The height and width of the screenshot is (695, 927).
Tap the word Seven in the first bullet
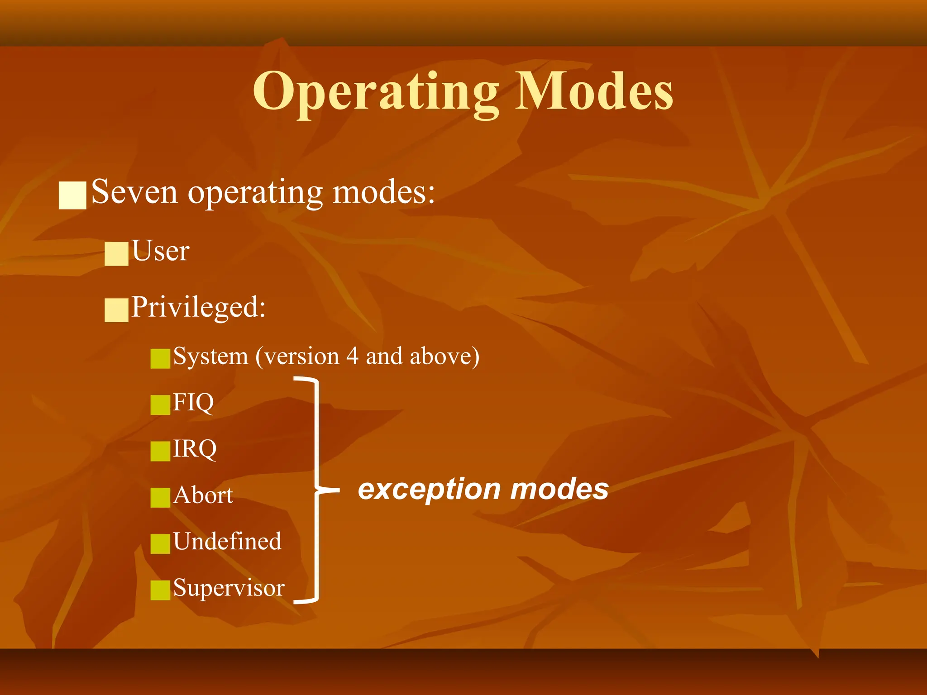pyautogui.click(x=134, y=192)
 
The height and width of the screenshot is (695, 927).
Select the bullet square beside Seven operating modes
pyautogui.click(x=72, y=195)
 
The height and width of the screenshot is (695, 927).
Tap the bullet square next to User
pyautogui.click(x=116, y=253)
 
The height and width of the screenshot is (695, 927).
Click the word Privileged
pyautogui.click(x=198, y=308)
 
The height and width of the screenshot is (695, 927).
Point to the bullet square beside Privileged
pyautogui.click(x=116, y=310)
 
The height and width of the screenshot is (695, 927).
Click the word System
pyautogui.click(x=210, y=356)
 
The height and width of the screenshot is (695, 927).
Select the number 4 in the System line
pyautogui.click(x=353, y=356)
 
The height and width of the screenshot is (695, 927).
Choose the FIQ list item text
pyautogui.click(x=193, y=402)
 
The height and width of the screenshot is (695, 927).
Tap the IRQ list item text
pyautogui.click(x=195, y=448)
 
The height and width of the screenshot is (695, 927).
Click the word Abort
pyautogui.click(x=203, y=495)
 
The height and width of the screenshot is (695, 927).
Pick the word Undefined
pyautogui.click(x=227, y=541)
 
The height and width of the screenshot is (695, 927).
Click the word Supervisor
pyautogui.click(x=229, y=588)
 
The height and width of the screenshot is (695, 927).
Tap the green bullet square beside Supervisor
pyautogui.click(x=160, y=590)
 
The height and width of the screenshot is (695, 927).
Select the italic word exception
pyautogui.click(x=429, y=490)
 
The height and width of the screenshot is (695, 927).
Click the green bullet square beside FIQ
pyautogui.click(x=160, y=405)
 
